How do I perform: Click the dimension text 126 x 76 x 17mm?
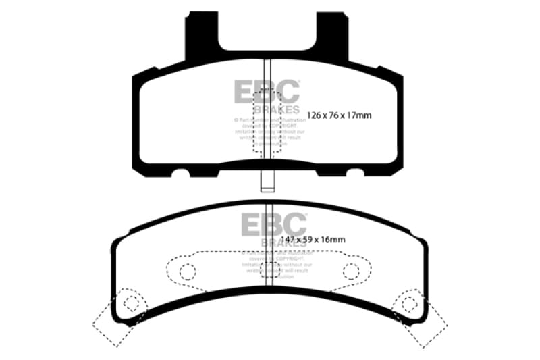pos(339,115)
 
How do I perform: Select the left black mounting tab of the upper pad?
pos(202,37)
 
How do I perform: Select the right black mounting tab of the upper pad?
pos(335,37)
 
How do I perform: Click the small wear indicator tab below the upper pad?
pos(267,182)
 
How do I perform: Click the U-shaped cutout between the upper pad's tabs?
pos(268,30)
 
